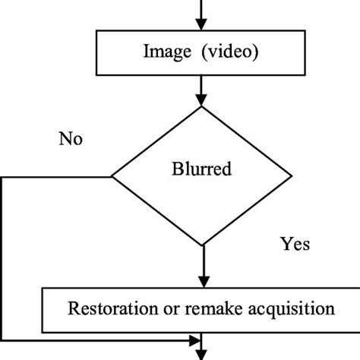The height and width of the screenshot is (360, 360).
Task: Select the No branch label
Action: click(70, 140)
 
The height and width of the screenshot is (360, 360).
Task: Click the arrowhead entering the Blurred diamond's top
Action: click(201, 101)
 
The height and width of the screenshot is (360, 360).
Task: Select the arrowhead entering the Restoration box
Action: click(201, 280)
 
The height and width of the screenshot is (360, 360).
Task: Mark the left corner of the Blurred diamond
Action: click(112, 177)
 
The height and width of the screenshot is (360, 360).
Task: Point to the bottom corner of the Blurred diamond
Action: click(201, 246)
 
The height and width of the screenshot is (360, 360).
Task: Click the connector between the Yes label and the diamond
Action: click(201, 262)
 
